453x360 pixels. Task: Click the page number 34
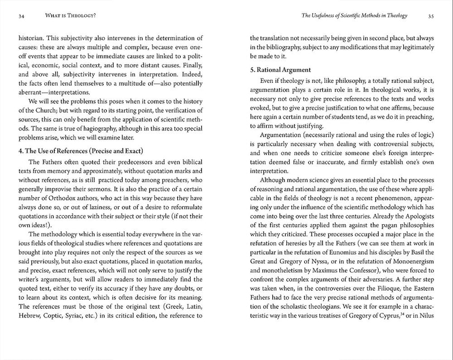pyautogui.click(x=21, y=16)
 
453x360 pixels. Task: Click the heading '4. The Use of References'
pyautogui.click(x=80, y=151)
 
